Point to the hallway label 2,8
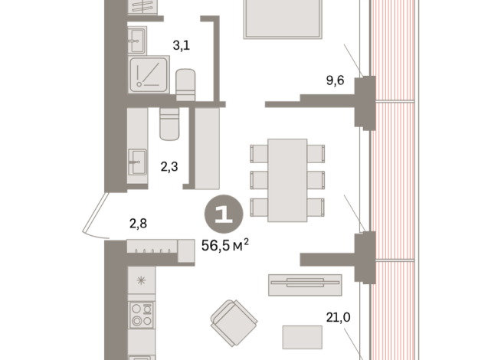[138, 224]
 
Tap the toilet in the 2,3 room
[169, 124]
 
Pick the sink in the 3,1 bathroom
[139, 36]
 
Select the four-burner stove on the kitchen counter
[141, 315]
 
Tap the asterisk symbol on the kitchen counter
[140, 280]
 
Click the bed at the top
[283, 17]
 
